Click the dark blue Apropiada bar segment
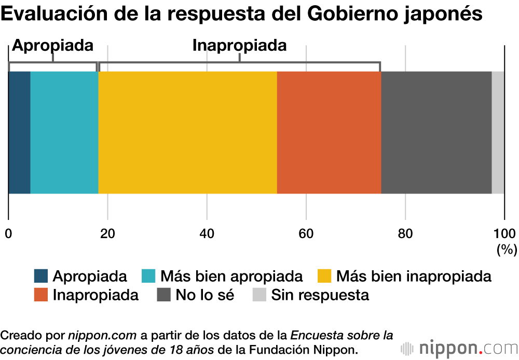coord(19,132)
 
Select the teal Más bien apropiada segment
coord(64,132)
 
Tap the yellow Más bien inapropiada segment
coord(187,132)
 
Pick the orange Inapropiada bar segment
coord(329,132)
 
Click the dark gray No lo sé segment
coord(436,132)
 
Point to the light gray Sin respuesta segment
coord(498,132)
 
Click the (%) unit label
coord(507,250)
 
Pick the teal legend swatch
coord(148,275)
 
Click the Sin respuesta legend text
coord(320,295)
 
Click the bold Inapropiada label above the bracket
coord(239,45)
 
